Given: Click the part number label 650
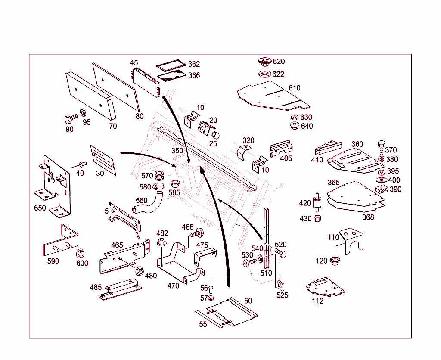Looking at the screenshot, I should click(x=40, y=208).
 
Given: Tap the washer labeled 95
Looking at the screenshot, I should click(x=83, y=114).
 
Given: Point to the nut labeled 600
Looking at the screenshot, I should click(x=80, y=254).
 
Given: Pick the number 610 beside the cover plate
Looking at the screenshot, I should click(x=295, y=88).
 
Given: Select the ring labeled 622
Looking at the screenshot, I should click(x=264, y=74).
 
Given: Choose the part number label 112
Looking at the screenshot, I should click(x=317, y=301).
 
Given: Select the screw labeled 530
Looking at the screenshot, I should click(x=248, y=263).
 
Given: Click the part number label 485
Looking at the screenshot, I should click(x=96, y=287).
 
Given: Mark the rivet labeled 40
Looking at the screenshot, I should click(x=82, y=164).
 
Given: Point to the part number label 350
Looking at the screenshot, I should click(x=177, y=151).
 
